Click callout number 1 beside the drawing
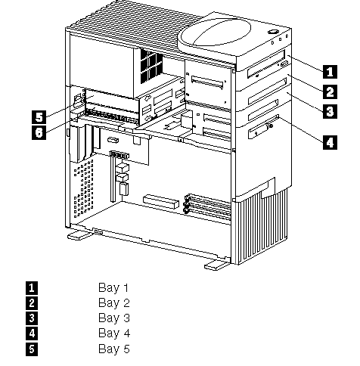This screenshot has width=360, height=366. coord(330,71)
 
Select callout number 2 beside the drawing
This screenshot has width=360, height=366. coord(330,91)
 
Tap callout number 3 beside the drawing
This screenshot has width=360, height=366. coord(330,111)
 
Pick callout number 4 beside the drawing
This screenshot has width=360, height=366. coord(330,142)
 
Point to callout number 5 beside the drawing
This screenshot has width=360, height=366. coord(39,117)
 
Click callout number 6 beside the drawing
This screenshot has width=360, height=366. coord(39,132)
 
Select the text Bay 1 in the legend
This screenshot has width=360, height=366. coord(113,287)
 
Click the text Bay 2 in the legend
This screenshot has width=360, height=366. coord(114,302)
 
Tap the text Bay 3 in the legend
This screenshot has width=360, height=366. coord(114,318)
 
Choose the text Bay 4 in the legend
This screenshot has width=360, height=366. coord(114,333)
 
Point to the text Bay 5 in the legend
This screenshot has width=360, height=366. coord(114,349)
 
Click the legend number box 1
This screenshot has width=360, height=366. coord(32,288)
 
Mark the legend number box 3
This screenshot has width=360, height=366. coord(32,318)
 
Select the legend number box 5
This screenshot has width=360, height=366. coord(32,349)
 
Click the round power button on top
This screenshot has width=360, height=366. coord(273,32)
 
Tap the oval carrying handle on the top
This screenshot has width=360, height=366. coord(216,33)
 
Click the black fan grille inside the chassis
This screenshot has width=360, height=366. coord(151,66)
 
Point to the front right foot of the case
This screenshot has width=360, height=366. coord(215,265)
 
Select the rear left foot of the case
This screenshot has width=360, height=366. coord(79,235)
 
